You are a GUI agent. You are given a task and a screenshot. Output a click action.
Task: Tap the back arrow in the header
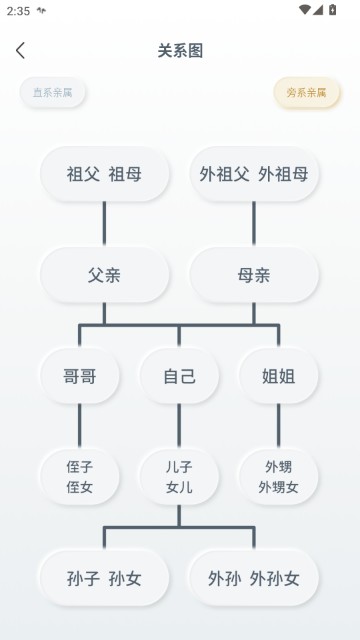(20, 51)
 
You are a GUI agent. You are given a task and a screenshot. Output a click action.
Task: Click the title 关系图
(180, 51)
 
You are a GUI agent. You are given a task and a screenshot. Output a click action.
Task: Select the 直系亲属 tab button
(53, 93)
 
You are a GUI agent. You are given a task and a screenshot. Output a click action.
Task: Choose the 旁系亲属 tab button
(307, 93)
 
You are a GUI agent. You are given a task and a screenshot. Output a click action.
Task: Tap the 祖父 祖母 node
(104, 174)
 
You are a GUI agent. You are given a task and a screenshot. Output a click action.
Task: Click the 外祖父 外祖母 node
(254, 174)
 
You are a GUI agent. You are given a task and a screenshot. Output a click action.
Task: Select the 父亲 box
(104, 275)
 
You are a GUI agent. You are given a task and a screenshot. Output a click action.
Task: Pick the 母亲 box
(254, 275)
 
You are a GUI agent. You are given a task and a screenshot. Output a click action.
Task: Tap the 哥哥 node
(79, 377)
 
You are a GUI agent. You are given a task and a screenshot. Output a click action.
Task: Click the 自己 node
(179, 377)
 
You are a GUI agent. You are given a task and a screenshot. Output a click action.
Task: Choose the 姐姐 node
(278, 377)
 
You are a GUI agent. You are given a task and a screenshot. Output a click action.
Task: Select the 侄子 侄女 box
(79, 477)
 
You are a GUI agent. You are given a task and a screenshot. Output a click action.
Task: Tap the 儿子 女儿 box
(179, 477)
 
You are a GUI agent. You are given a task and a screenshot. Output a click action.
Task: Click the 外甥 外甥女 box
(278, 477)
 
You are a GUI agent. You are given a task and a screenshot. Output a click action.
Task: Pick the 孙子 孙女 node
(104, 578)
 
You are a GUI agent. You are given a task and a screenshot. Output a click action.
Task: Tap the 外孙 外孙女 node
(254, 578)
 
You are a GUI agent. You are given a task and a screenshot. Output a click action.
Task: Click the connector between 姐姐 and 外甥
(278, 426)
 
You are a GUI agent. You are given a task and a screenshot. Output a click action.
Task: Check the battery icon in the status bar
(333, 10)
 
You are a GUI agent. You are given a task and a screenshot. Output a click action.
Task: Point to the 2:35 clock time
(18, 10)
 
